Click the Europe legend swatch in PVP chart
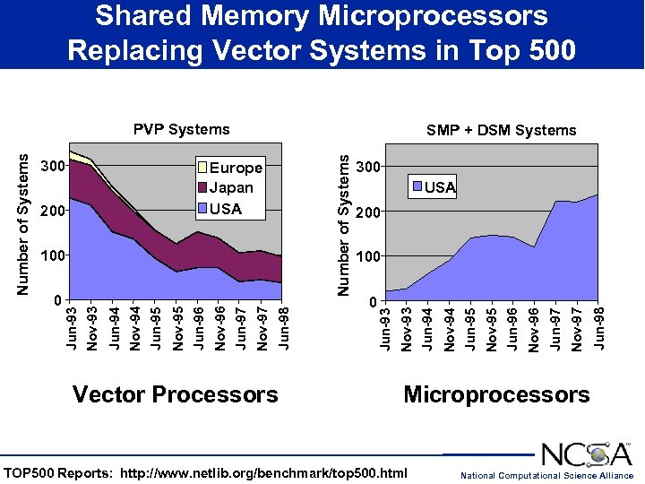pyautogui.click(x=202, y=168)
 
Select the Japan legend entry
pyautogui.click(x=231, y=188)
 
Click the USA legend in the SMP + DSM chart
pyautogui.click(x=440, y=187)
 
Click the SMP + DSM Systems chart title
pyautogui.click(x=501, y=131)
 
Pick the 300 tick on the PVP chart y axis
pyautogui.click(x=54, y=167)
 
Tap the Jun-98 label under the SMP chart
pyautogui.click(x=599, y=328)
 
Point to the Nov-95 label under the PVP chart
pyautogui.click(x=177, y=329)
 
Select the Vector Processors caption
pyautogui.click(x=175, y=394)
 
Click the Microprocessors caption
pyautogui.click(x=496, y=394)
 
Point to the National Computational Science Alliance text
pyautogui.click(x=546, y=475)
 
